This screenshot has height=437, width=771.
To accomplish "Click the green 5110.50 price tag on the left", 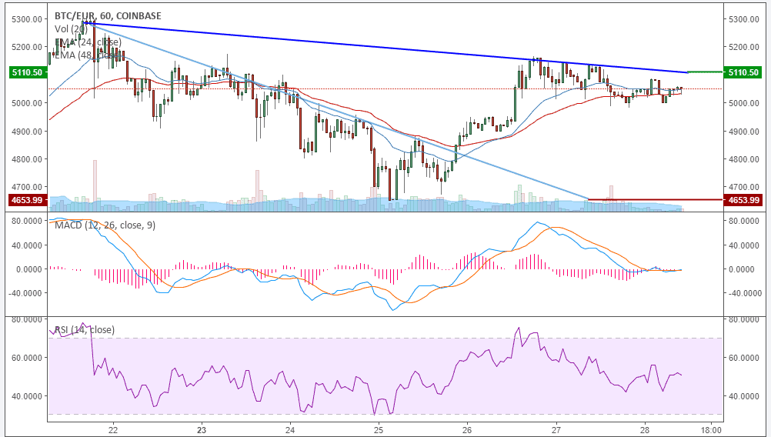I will pos(25,72).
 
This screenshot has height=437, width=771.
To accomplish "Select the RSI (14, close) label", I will pos(84,330).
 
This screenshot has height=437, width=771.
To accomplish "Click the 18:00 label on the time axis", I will pos(712,429).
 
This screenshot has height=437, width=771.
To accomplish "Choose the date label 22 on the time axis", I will pos(113,429).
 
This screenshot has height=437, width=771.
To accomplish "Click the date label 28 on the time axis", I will pos(644,429).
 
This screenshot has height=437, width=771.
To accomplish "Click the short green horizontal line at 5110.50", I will pos(705,72).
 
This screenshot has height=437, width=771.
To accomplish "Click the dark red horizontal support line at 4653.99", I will pos(654,200).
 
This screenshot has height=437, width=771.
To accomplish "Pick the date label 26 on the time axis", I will pos(466,429).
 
